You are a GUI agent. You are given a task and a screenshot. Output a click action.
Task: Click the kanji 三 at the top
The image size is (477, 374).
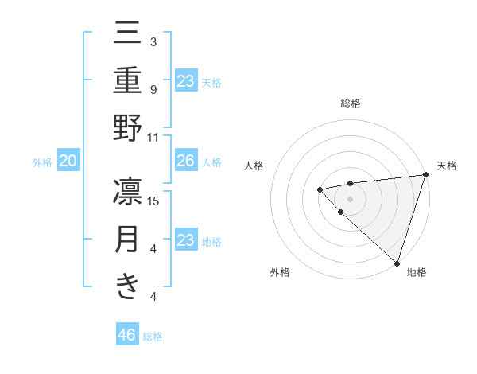click(127, 35)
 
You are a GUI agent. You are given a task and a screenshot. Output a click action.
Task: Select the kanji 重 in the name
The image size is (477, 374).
click(127, 82)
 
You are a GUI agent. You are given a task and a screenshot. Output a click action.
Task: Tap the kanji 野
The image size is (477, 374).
click(127, 131)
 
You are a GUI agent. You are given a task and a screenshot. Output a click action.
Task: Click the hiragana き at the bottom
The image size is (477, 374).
click(127, 286)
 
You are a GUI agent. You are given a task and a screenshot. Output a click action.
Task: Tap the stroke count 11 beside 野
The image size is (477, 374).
click(153, 137)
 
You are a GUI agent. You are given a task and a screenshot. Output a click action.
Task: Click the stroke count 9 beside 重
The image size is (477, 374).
click(153, 89)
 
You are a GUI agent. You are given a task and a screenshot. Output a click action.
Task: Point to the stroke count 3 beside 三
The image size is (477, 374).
click(153, 41)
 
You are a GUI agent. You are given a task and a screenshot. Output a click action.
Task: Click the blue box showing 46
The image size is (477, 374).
click(127, 335)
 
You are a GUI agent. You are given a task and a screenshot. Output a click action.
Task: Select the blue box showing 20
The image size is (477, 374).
click(68, 162)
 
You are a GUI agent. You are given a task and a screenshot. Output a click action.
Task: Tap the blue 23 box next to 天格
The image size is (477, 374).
click(185, 81)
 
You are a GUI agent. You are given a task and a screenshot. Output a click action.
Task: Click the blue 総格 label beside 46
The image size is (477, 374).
click(153, 337)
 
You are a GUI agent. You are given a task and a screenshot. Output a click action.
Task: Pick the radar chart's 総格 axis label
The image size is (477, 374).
click(351, 103)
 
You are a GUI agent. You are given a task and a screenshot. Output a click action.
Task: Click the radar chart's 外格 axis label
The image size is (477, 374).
click(280, 272)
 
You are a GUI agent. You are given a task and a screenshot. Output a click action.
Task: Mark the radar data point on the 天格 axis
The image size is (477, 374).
click(425, 175)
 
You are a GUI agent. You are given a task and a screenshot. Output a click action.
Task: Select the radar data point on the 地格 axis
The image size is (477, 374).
click(397, 263)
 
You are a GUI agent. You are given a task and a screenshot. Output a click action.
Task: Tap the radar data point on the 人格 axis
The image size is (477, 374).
click(320, 189)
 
